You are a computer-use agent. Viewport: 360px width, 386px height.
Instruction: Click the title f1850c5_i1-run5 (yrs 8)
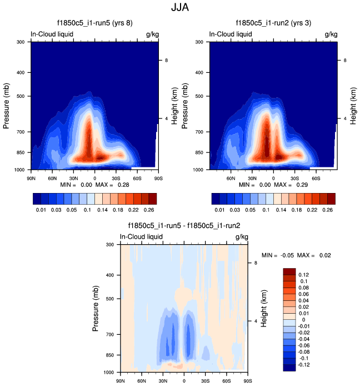(93, 23)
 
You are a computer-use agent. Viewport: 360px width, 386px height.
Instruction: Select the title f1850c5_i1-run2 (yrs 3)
(273, 23)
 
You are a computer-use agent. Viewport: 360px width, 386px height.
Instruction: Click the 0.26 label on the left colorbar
(149, 211)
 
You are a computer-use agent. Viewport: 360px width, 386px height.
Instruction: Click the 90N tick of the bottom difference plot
(120, 381)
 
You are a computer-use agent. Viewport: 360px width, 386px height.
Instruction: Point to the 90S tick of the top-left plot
(158, 178)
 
